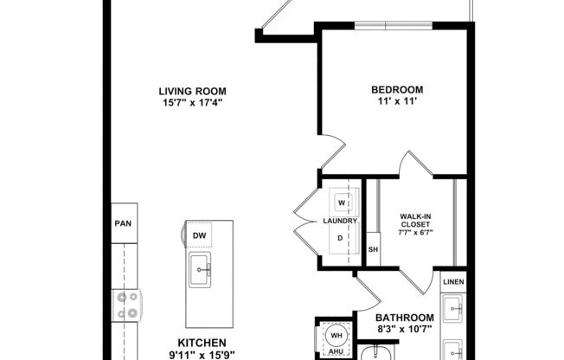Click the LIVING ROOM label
193,90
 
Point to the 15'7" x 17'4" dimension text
193,103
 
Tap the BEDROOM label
397,90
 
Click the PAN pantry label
122,222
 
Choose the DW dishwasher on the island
200,235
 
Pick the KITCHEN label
202,343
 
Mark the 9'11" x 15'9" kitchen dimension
202,355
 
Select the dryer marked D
342,238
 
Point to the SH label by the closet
374,250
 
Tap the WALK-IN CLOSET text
415,222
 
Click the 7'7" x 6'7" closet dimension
415,233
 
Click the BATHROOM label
405,318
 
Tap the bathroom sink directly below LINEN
453,307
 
